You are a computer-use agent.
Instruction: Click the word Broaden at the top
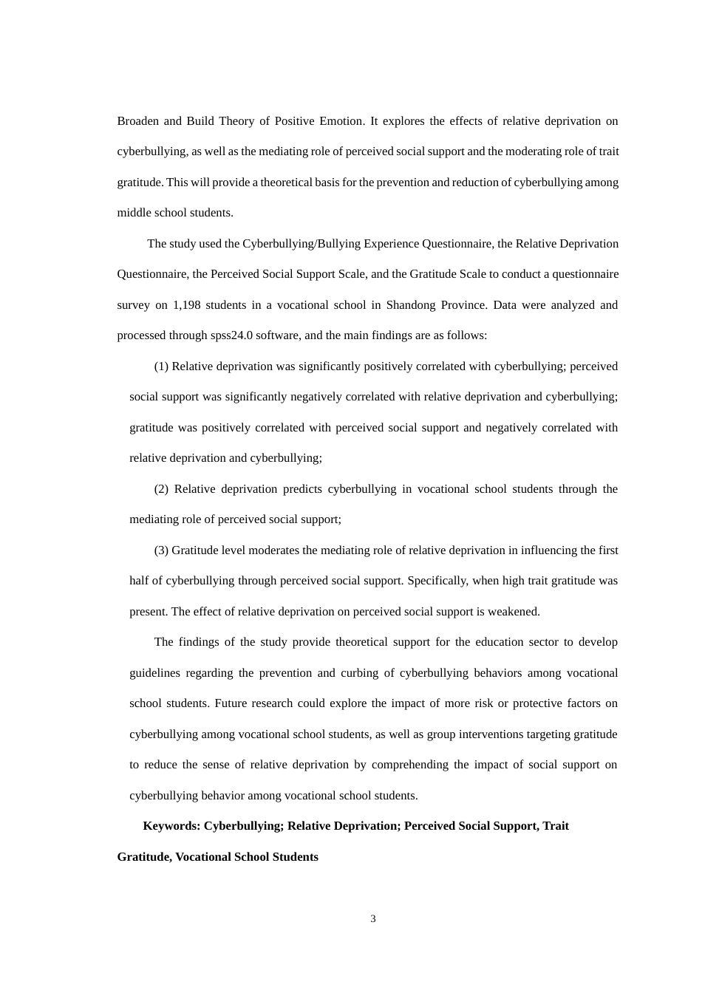pyautogui.click(x=137, y=121)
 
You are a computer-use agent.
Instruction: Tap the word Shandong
pyautogui.click(x=411, y=305)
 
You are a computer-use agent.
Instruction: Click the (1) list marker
pyautogui.click(x=161, y=366)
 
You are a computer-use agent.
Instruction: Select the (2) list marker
pyautogui.click(x=161, y=489)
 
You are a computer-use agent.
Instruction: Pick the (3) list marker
pyautogui.click(x=161, y=550)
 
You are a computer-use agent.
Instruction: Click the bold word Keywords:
pyautogui.click(x=171, y=826)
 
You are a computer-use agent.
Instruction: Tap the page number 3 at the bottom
pyautogui.click(x=373, y=919)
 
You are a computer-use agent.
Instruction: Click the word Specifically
pyautogui.click(x=437, y=581)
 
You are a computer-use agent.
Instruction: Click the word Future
pyautogui.click(x=231, y=703)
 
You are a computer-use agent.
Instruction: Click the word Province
pyautogui.click(x=463, y=305)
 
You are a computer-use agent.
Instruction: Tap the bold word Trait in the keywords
pyautogui.click(x=556, y=826)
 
